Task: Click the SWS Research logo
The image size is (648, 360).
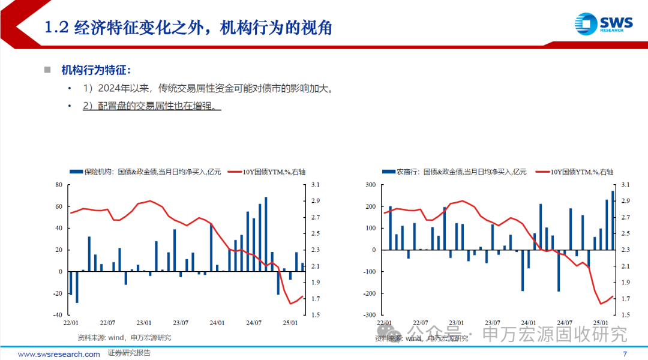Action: point(603,24)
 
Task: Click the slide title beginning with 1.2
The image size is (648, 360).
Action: point(189,28)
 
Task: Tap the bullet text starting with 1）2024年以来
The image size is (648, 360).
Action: point(207,88)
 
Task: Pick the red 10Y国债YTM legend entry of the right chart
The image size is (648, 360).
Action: point(574,172)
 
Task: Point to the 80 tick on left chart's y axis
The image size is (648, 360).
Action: point(58,185)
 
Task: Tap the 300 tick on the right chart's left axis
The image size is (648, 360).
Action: point(370,185)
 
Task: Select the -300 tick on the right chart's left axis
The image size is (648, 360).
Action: point(369,315)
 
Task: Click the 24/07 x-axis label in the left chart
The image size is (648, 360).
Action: point(254,322)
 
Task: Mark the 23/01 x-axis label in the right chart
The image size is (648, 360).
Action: point(456,322)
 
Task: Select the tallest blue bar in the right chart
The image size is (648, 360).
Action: point(613,220)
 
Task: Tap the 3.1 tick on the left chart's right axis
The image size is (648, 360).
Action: point(315,185)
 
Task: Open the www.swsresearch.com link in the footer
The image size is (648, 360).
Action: point(59,354)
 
